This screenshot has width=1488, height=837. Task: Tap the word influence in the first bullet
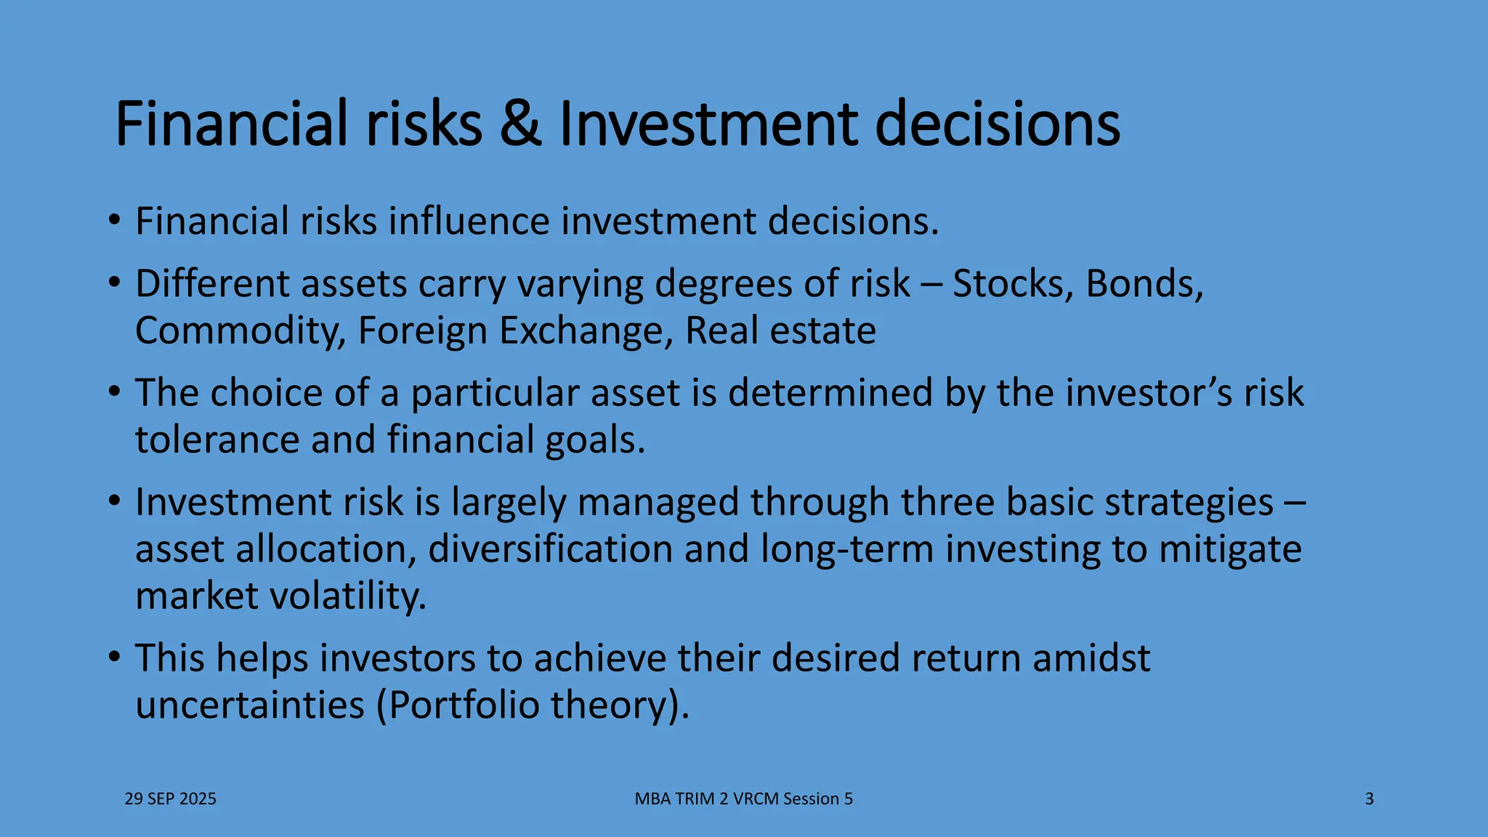pyautogui.click(x=469, y=221)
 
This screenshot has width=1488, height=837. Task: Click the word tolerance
pyautogui.click(x=217, y=440)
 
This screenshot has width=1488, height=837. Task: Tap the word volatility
pyautogui.click(x=347, y=596)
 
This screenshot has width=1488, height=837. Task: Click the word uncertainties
pyautogui.click(x=249, y=705)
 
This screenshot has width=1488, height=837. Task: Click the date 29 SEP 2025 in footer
pyautogui.click(x=171, y=799)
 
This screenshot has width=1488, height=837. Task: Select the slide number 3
pyautogui.click(x=1370, y=799)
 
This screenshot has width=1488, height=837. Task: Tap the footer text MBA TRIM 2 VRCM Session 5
pyautogui.click(x=743, y=799)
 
